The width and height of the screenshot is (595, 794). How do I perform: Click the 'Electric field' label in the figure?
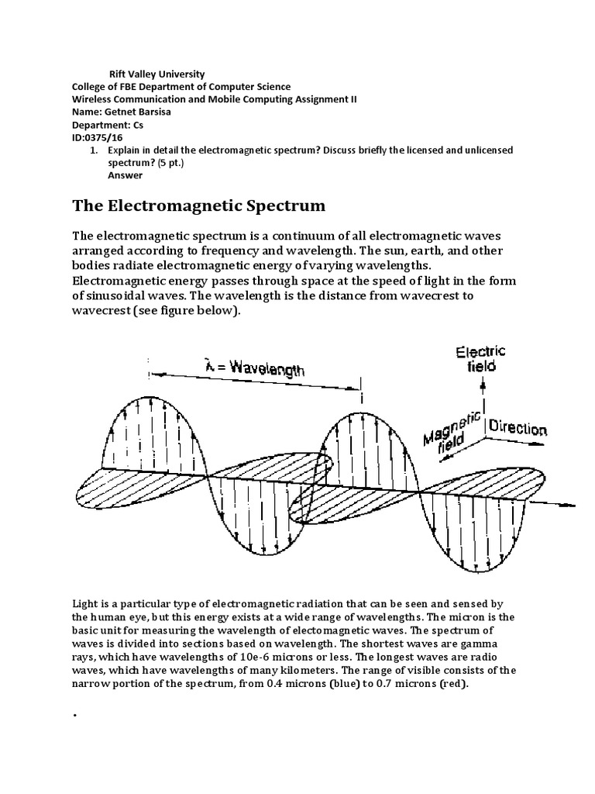pyautogui.click(x=480, y=357)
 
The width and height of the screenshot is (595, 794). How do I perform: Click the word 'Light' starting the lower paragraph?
pyautogui.click(x=85, y=602)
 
